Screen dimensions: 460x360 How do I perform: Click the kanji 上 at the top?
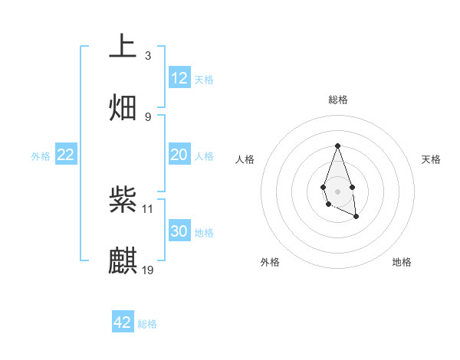123,46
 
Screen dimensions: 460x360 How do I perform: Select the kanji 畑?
123,106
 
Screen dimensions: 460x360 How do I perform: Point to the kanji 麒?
123,260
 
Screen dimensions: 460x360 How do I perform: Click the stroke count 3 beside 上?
148,56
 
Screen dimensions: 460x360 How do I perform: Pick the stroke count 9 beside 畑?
148,116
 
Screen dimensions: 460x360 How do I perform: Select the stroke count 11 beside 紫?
149,208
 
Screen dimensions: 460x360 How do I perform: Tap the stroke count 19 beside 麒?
149,270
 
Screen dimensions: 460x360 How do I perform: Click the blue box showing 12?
179,78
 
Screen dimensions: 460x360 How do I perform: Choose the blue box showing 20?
179,155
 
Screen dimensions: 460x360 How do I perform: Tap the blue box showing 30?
179,231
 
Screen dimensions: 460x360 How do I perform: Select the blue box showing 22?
66,155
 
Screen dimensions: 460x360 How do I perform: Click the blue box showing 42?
123,322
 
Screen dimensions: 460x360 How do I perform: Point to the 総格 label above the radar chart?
337,100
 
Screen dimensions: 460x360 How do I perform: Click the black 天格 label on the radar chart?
431,159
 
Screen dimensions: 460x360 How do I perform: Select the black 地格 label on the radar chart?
402,262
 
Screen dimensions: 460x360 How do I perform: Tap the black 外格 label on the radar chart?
270,262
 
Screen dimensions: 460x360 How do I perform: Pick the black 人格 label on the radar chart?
245,159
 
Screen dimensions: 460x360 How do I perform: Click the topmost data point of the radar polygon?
337,146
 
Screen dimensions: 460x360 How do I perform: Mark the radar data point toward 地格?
356,218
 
